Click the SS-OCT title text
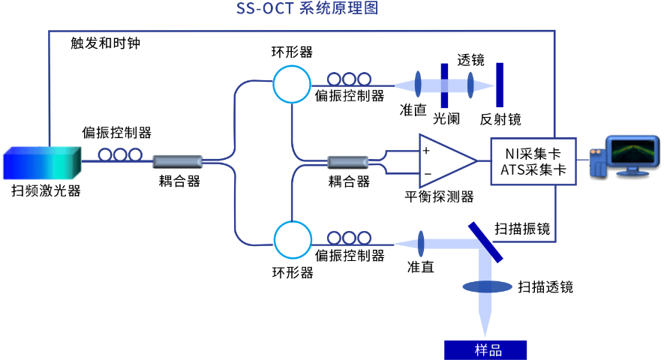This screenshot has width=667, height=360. (x=307, y=9)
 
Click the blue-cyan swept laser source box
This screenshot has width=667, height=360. (x=42, y=163)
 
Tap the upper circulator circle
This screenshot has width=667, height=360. (x=292, y=84)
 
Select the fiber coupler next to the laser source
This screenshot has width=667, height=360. (x=178, y=161)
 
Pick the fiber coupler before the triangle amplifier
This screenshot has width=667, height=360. (x=348, y=161)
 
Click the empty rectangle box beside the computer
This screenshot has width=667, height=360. (x=533, y=161)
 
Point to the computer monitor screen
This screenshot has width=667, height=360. (x=632, y=151)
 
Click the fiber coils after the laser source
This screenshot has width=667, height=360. (x=120, y=154)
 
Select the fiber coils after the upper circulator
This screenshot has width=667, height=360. (x=349, y=79)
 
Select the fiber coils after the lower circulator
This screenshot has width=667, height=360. (x=349, y=238)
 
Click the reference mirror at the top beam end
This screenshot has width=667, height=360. (x=500, y=85)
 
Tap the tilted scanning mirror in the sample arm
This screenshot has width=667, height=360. (x=485, y=241)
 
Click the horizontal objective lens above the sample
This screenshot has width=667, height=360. (x=487, y=286)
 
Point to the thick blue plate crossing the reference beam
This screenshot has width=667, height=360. (x=444, y=85)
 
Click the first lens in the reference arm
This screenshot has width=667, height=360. (x=418, y=85)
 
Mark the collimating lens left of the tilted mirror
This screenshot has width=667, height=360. (x=421, y=243)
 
